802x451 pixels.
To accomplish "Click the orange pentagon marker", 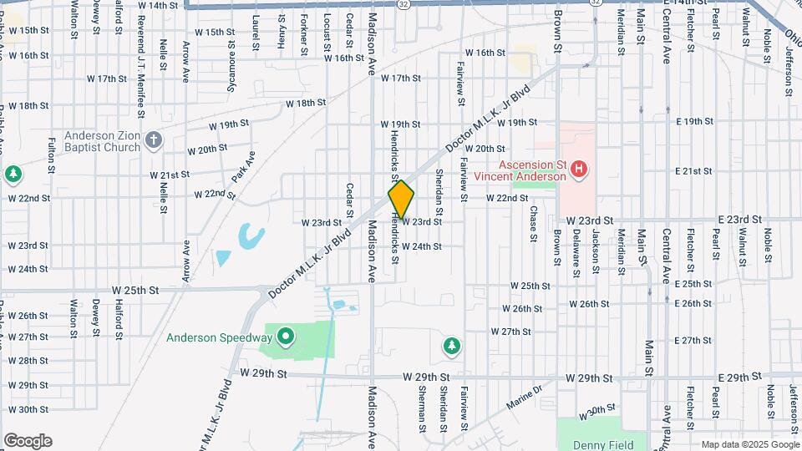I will coord(401,200).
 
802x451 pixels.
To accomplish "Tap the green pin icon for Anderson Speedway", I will coord(285,337).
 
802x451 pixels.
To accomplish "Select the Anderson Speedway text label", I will coord(219,338).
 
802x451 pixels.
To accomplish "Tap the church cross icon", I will coord(152,140).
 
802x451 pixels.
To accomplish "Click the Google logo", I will coord(27,441).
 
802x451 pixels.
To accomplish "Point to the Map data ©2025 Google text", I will coord(749,444).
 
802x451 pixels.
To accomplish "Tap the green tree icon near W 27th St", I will coord(451,345).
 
